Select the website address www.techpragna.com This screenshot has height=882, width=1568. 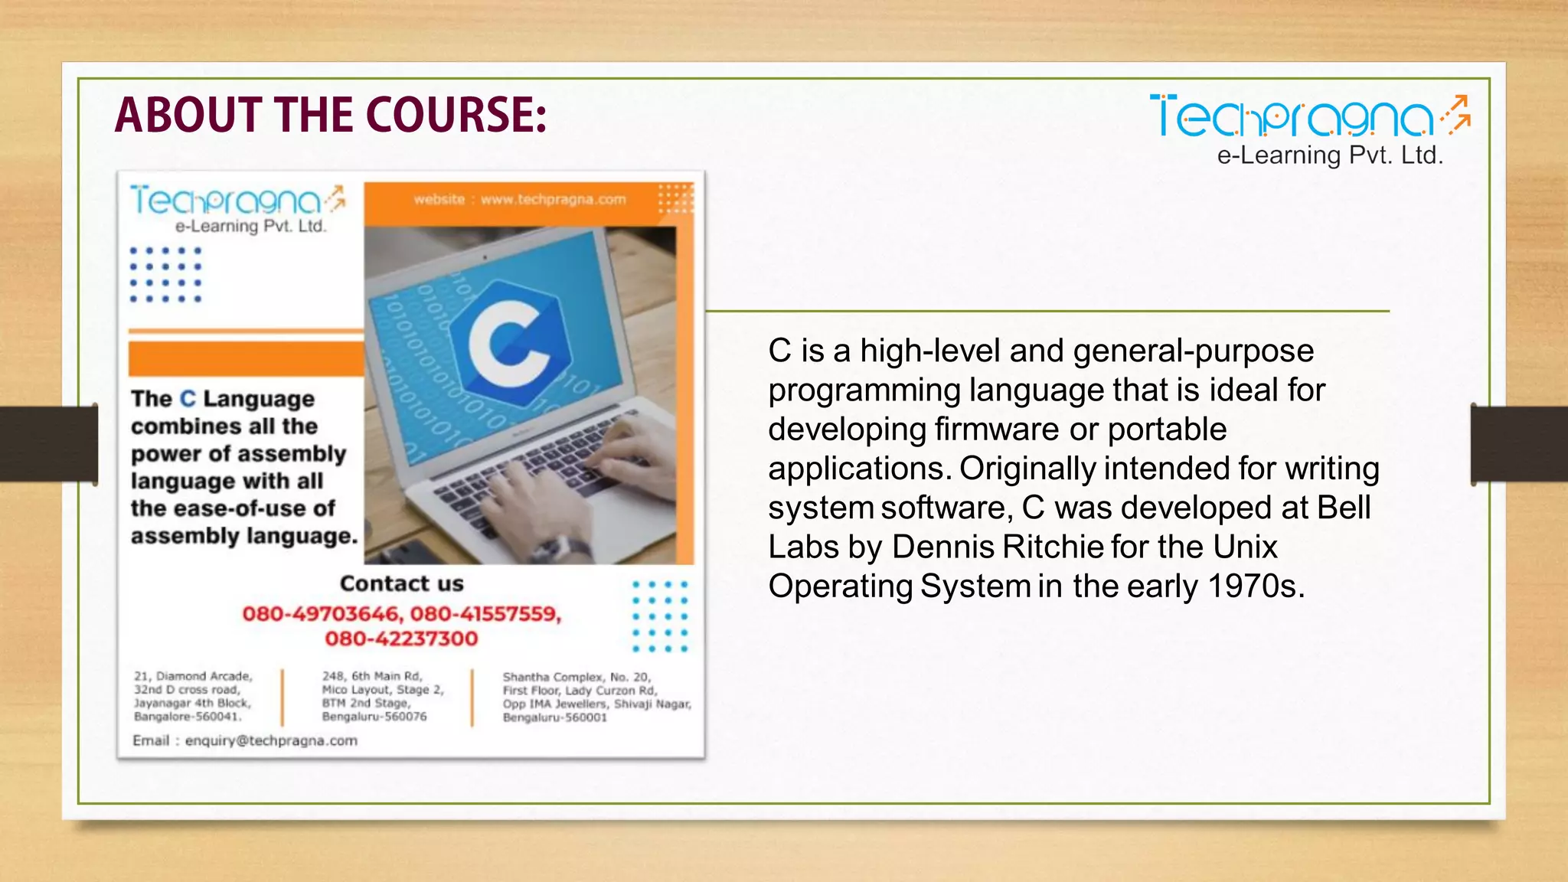point(553,200)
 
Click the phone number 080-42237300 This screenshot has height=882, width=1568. point(401,639)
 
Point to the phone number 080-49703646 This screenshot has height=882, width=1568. point(322,614)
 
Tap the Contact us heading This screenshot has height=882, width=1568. point(401,583)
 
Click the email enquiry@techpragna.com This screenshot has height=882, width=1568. point(271,740)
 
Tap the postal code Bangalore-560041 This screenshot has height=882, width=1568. point(187,717)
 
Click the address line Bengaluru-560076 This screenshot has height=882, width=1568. point(374,717)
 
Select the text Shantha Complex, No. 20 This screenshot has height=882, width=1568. point(577,677)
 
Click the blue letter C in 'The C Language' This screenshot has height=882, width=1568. point(188,399)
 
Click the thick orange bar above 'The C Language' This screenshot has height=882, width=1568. point(246,358)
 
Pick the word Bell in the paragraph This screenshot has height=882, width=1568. point(1344,508)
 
